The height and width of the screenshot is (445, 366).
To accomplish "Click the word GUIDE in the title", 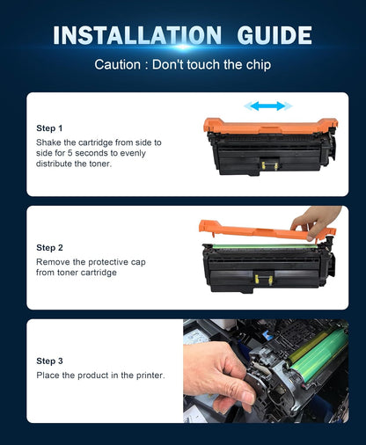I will tap(267, 35).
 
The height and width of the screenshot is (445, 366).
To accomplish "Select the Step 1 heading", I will tap(49, 128).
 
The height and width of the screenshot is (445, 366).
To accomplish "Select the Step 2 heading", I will tap(49, 248).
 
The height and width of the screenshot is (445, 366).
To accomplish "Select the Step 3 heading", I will tap(49, 361).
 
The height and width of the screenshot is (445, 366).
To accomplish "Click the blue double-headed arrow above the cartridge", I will tap(267, 106).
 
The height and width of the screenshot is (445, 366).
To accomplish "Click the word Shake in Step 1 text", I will tap(51, 142).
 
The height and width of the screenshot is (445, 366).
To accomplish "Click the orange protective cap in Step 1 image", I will tap(264, 126).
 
